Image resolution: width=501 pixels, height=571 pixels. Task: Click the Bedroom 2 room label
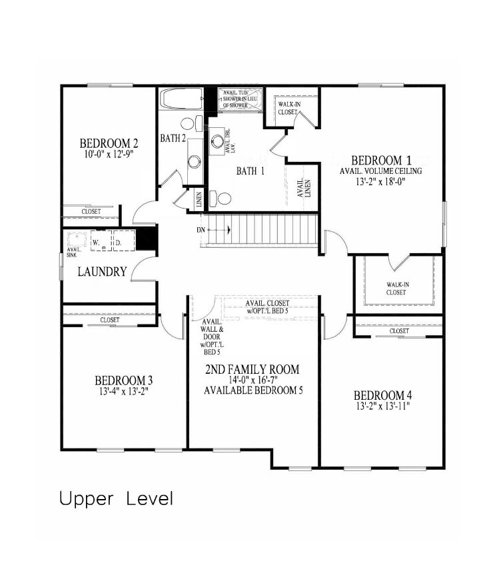[109, 143]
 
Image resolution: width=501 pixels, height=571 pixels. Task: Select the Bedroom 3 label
[123, 380]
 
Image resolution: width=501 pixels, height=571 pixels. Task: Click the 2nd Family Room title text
[253, 369]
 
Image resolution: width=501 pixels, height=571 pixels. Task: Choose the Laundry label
[102, 272]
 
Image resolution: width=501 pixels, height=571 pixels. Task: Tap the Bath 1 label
[250, 171]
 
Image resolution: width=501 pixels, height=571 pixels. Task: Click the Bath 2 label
[172, 139]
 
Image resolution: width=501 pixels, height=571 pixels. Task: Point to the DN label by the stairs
[201, 230]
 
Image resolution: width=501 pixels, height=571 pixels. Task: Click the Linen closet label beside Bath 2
[199, 199]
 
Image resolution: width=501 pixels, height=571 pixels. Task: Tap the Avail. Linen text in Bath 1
[304, 187]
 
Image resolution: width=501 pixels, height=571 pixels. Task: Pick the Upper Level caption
[116, 498]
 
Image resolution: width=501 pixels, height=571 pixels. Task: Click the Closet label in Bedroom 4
[399, 330]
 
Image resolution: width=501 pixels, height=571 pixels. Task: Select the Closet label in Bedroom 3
[110, 320]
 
